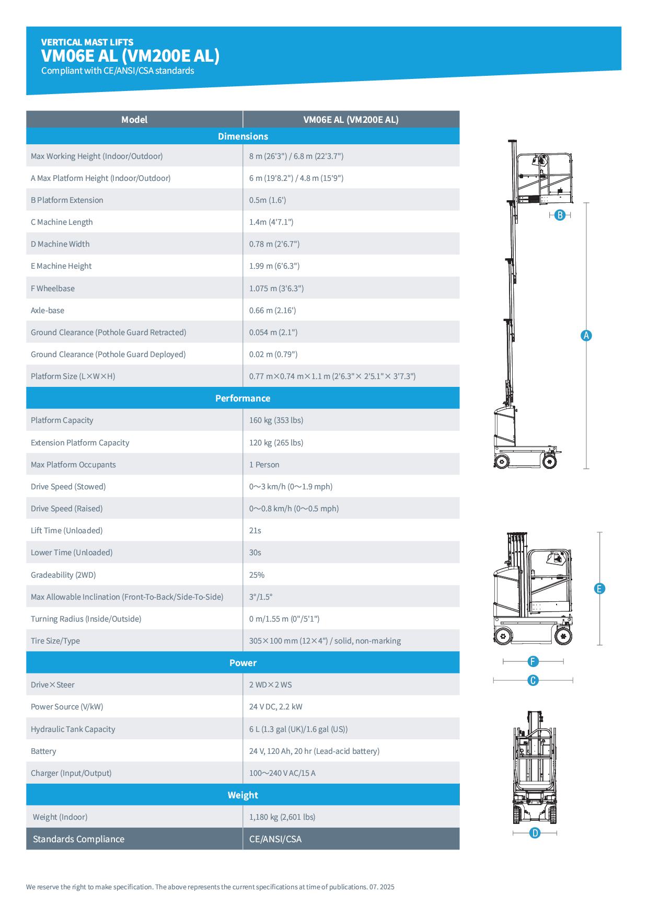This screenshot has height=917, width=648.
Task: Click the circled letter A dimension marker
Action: point(586,336)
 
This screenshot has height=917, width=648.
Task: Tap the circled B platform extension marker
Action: point(560,215)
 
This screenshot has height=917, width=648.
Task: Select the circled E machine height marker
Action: point(599,589)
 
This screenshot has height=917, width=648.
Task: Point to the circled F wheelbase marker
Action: point(533,662)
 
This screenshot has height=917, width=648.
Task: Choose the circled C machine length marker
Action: point(533,680)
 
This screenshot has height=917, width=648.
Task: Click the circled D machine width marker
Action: point(535,833)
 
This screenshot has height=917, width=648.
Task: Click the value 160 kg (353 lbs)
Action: point(276,420)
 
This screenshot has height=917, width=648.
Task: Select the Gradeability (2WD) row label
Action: point(63,575)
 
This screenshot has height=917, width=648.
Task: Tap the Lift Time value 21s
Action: point(255,531)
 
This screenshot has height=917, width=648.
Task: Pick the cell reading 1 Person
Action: point(264,465)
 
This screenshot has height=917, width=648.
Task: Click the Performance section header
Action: point(243,398)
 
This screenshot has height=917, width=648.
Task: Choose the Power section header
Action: point(243,663)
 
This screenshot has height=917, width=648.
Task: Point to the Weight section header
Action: point(243,795)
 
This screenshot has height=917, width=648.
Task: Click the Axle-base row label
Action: point(48,311)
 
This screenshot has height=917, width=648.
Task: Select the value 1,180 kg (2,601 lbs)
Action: point(282,817)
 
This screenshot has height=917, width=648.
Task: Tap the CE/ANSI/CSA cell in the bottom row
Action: point(275,839)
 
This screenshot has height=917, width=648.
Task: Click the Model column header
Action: point(134,120)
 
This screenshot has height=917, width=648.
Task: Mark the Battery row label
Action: point(43,751)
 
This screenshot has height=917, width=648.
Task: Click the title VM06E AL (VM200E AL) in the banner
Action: point(131,56)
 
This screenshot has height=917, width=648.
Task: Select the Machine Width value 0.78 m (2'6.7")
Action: point(274,244)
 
